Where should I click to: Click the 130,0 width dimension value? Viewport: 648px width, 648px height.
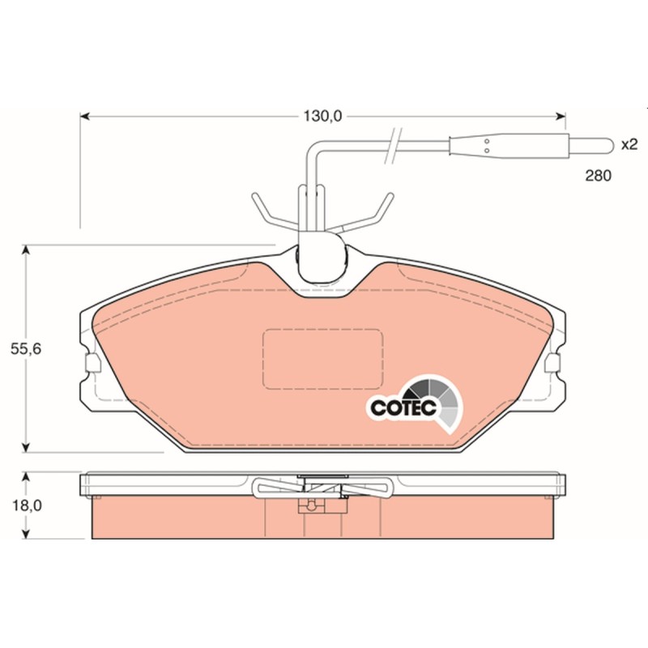click(322, 117)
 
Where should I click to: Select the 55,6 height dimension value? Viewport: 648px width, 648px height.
click(26, 349)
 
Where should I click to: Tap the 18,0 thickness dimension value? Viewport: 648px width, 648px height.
click(27, 505)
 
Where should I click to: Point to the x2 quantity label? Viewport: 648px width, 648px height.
click(629, 145)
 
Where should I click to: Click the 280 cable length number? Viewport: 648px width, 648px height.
click(598, 176)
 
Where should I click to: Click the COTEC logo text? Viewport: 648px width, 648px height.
click(403, 408)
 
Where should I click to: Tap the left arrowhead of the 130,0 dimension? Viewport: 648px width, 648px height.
click(85, 117)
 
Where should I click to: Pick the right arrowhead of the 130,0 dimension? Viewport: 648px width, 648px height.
click(561, 117)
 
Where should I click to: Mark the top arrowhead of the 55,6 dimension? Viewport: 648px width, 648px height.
click(26, 250)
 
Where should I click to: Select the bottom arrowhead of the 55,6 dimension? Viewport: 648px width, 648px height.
click(26, 447)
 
